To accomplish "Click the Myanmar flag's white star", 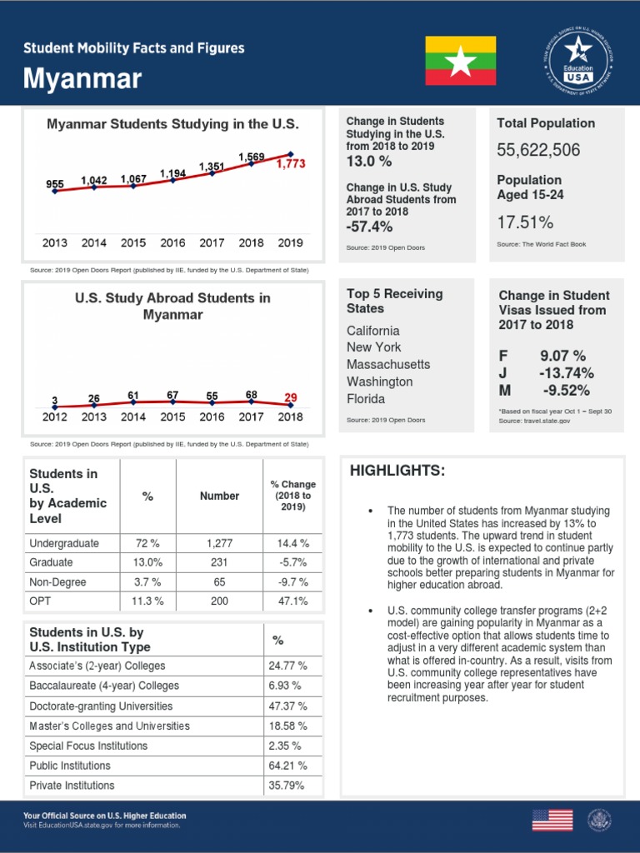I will click(x=461, y=60).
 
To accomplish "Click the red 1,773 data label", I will click(x=291, y=165).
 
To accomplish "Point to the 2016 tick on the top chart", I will click(x=172, y=243).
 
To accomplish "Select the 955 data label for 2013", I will click(x=55, y=183).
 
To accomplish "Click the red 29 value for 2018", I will click(x=290, y=398).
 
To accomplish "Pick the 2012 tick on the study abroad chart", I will click(x=54, y=417).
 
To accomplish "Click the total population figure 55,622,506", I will click(x=538, y=151).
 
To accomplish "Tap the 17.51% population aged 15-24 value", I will click(x=525, y=222).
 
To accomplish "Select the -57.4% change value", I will click(x=369, y=227).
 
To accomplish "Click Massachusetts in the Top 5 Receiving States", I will click(x=388, y=365).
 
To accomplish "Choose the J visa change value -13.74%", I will click(x=566, y=373).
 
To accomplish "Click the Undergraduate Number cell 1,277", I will click(x=219, y=543).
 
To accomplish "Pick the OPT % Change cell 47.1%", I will click(x=292, y=601).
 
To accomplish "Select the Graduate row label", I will click(x=51, y=562).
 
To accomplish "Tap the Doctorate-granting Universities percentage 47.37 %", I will click(x=288, y=706).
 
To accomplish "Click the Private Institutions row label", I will click(x=72, y=786).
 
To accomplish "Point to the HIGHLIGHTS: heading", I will click(x=397, y=471).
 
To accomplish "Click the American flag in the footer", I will click(x=552, y=820).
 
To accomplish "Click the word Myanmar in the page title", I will click(x=82, y=79).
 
